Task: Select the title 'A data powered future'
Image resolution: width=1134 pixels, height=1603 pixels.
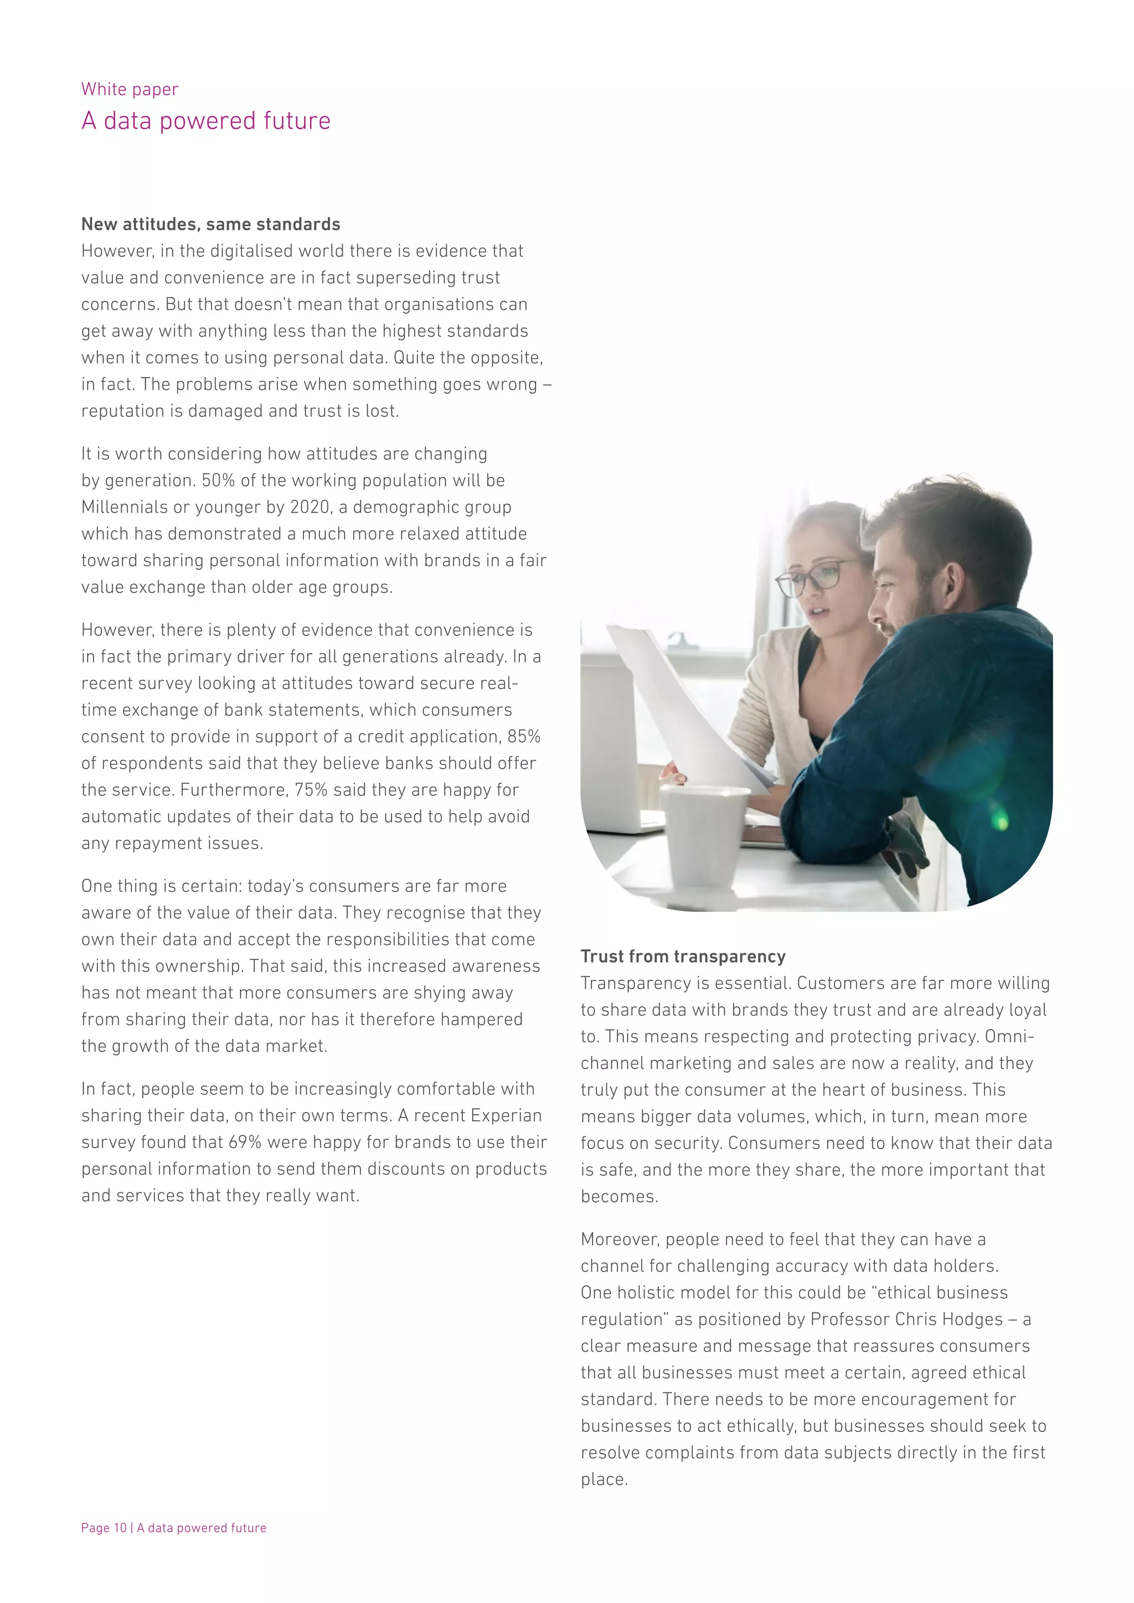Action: [205, 121]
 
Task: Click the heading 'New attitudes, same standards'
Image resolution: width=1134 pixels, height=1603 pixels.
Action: [210, 224]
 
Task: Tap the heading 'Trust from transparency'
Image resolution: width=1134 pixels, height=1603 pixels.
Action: [682, 956]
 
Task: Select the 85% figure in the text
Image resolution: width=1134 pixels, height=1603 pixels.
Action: [524, 737]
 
